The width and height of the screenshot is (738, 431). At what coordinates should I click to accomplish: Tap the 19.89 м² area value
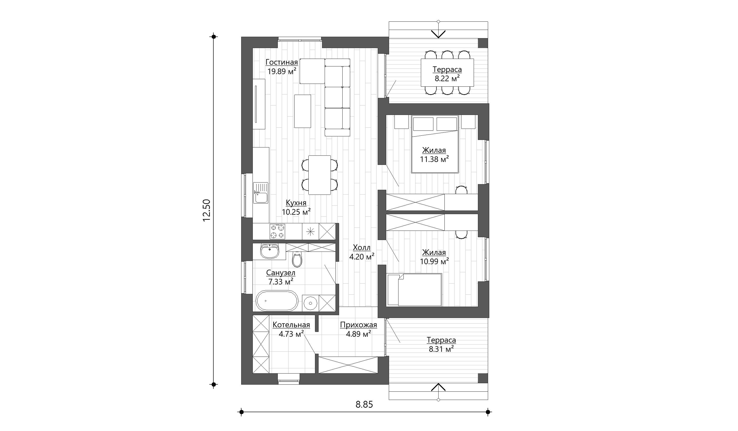[282, 71]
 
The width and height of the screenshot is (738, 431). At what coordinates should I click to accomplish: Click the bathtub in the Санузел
[277, 301]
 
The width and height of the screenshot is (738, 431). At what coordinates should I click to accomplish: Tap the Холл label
[362, 248]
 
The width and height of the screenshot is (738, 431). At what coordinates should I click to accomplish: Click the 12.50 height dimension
[207, 210]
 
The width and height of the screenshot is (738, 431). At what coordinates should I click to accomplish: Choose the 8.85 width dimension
[364, 405]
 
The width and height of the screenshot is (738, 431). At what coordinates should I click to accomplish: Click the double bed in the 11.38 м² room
[435, 144]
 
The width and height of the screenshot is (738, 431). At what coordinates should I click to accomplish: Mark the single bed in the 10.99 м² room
[414, 290]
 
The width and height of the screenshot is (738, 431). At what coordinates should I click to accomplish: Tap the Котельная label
[291, 325]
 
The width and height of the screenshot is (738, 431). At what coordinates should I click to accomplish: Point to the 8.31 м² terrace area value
[441, 349]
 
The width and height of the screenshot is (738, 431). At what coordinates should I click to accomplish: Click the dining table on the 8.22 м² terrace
[447, 73]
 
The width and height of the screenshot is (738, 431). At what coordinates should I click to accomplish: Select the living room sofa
[337, 97]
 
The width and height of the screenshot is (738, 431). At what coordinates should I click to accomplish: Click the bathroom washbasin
[269, 251]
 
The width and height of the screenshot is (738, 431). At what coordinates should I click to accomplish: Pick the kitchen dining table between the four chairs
[319, 175]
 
